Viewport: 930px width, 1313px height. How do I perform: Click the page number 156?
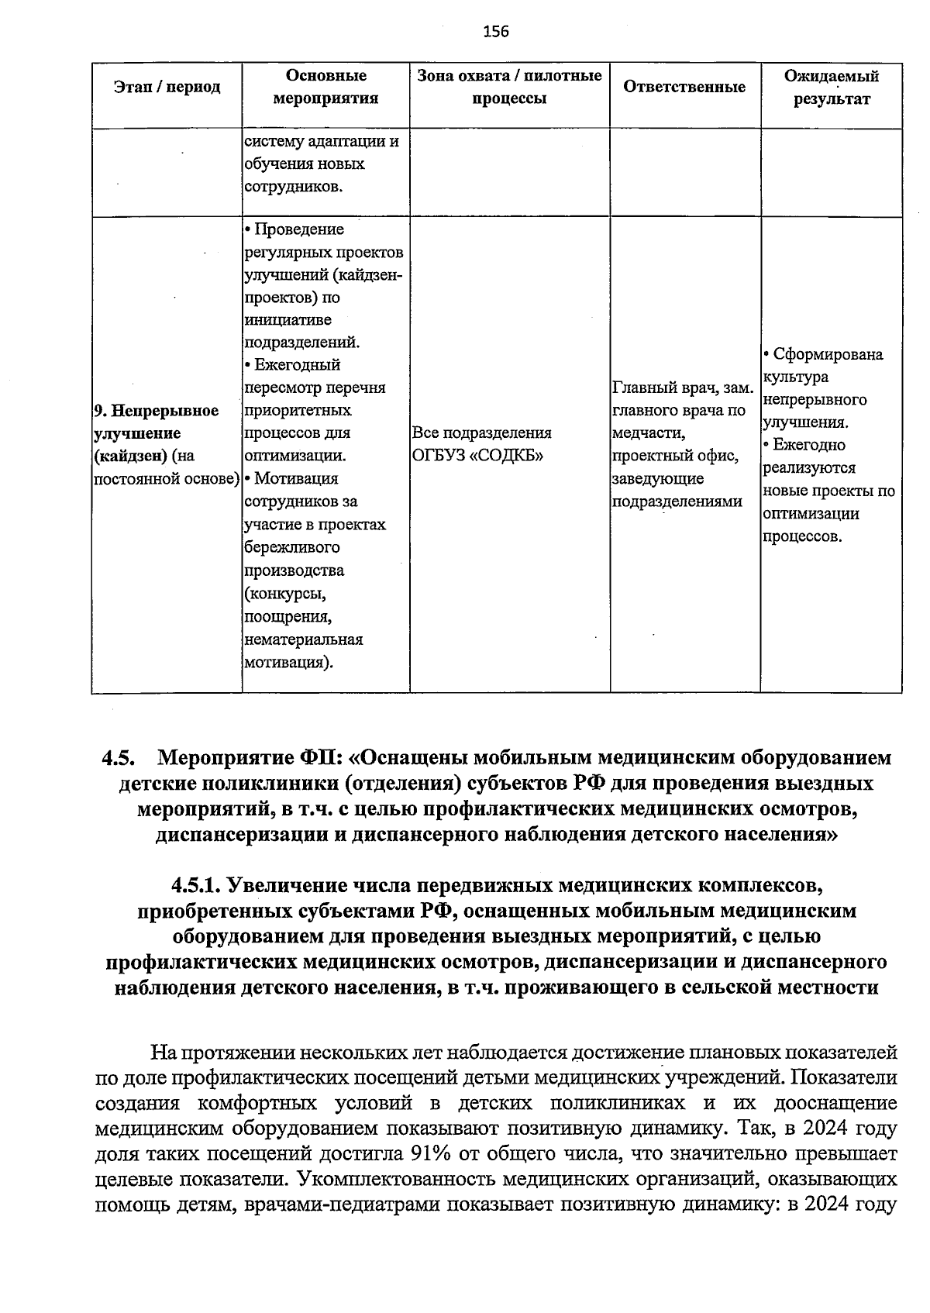496,32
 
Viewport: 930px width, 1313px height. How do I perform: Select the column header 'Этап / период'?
167,87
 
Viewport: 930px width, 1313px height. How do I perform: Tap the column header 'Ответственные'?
684,87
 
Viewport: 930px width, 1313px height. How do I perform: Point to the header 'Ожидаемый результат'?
831,88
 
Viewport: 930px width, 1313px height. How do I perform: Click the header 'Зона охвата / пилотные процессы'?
509,87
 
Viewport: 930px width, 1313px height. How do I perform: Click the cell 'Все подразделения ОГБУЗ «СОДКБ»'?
482,443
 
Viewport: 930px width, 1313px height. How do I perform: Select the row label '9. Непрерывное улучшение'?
156,422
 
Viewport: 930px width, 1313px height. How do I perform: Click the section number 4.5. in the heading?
119,757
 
